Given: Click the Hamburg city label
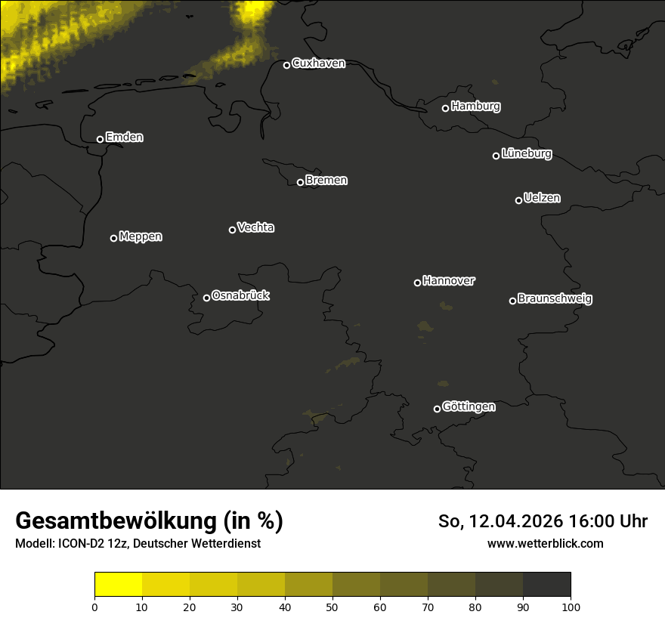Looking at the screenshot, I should pos(475,107).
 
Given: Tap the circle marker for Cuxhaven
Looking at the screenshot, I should pos(286,65).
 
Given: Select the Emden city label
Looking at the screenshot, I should pos(124,137).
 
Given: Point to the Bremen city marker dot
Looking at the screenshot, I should pos(300,182).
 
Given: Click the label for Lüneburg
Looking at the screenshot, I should pos(526,154).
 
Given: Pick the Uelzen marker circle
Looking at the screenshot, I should pos(518,200).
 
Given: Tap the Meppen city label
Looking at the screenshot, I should pos(140,236).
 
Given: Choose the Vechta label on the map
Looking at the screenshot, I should pos(255,227).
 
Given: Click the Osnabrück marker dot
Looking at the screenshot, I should pos(206,298).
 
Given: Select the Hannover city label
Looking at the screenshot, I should pos(449,281).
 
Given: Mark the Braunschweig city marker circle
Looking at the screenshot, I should pos(512,301).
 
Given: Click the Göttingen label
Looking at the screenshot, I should pos(469,406).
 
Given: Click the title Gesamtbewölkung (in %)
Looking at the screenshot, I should pos(149,521).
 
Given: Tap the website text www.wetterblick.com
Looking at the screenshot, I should pos(545,544).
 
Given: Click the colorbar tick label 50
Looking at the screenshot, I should pos(332,607).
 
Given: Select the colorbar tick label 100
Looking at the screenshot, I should pos(571,607).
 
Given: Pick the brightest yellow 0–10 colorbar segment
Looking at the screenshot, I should pos(119,585).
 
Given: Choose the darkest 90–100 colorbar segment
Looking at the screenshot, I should pos(546,585).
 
